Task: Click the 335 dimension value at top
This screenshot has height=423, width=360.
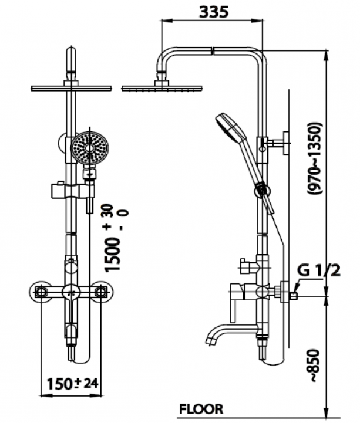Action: [x=214, y=12]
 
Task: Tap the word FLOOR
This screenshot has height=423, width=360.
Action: [x=201, y=409]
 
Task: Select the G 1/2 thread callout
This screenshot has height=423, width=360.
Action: [x=319, y=270]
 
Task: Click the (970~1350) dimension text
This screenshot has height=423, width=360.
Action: [x=315, y=158]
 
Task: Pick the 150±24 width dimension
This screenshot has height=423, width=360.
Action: [x=72, y=384]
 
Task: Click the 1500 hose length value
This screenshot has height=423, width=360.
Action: [x=112, y=255]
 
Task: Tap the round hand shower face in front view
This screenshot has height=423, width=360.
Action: [x=90, y=148]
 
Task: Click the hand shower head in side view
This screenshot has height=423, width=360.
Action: [x=230, y=126]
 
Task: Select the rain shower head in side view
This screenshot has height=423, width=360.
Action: [x=162, y=87]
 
